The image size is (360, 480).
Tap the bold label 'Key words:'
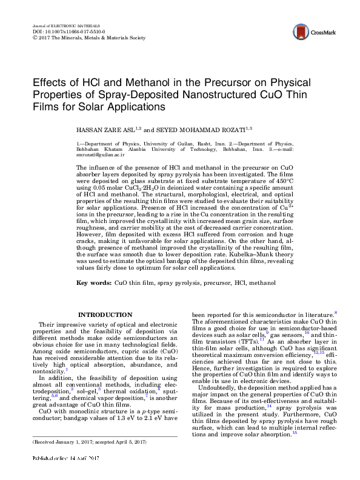point(93,283)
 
